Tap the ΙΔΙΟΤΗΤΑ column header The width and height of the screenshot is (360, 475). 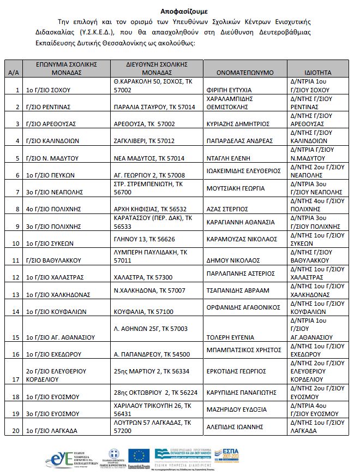[318, 72]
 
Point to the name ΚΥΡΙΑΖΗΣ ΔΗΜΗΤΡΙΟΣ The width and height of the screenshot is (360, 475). [239, 124]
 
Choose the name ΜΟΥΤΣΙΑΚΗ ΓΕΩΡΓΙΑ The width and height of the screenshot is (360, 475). [235, 188]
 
